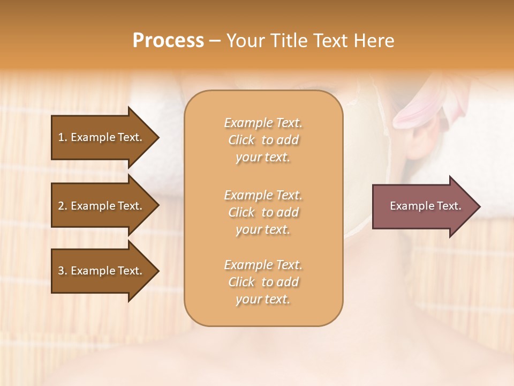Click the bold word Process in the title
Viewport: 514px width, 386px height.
click(x=168, y=41)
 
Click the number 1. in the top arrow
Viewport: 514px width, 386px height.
click(x=62, y=137)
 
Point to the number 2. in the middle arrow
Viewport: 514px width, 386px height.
click(x=62, y=206)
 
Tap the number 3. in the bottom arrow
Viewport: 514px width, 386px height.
click(x=62, y=271)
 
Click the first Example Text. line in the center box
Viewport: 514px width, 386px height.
click(x=263, y=123)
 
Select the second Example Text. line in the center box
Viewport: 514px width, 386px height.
click(x=263, y=195)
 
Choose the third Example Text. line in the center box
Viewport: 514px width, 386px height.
click(x=263, y=265)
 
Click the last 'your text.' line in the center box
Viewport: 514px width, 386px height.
click(x=263, y=300)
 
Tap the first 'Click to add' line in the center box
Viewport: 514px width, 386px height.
click(x=263, y=140)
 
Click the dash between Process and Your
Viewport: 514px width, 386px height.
click(x=215, y=41)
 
